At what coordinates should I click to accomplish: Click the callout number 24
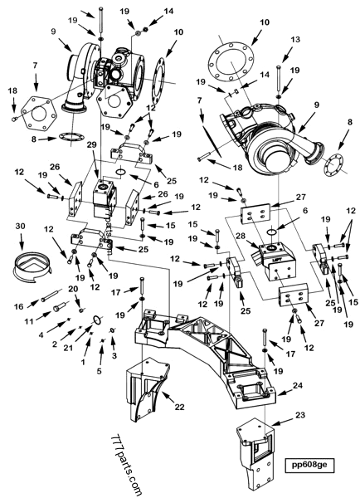pyautogui.click(x=296, y=385)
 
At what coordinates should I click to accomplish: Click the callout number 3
pyautogui.click(x=114, y=355)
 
